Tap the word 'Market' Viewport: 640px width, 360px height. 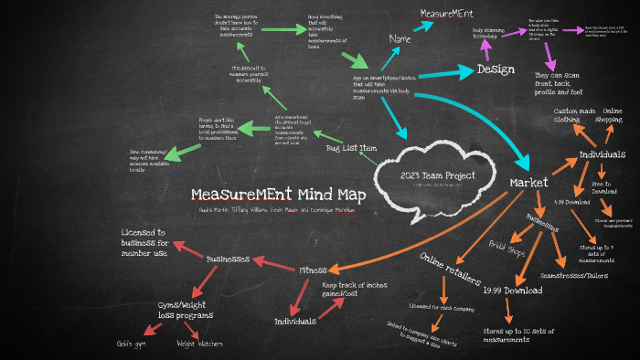click(528, 184)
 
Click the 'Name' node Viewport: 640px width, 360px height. click(400, 39)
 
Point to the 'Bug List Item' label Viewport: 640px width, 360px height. click(351, 147)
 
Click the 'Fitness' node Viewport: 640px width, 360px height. click(314, 270)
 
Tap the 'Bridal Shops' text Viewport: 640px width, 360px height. click(508, 247)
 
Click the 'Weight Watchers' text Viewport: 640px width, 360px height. click(199, 344)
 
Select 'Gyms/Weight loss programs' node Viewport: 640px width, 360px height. click(184, 310)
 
